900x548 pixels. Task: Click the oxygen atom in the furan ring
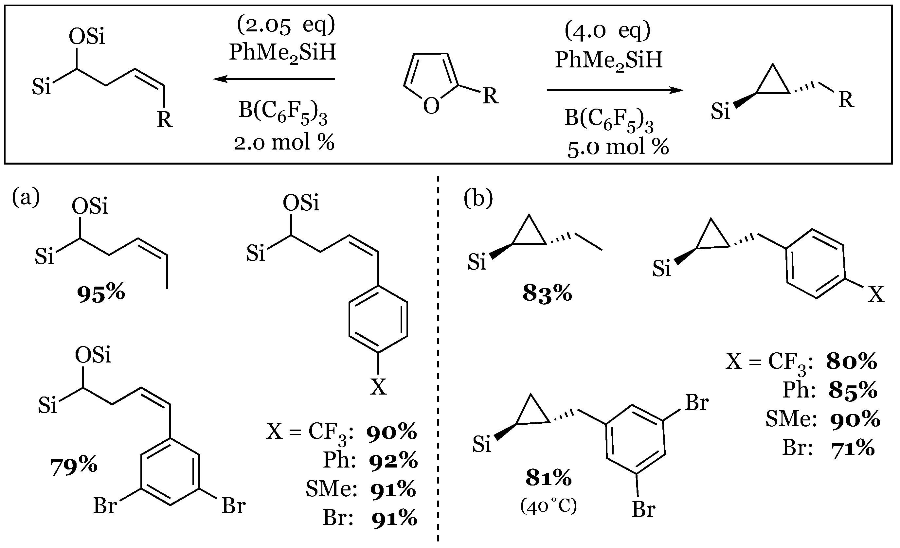point(431,107)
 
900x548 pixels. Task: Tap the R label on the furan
point(491,97)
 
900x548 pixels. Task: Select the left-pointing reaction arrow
point(274,79)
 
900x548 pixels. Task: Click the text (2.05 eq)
point(286,26)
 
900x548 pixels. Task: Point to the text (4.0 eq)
point(608,31)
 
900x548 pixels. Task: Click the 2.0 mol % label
point(284,142)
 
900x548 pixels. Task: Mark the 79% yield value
point(74,466)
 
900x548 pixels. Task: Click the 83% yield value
point(547,293)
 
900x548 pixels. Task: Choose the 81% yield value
point(549,478)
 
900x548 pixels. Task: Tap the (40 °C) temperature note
point(549,506)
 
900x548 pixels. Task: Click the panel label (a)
point(26,198)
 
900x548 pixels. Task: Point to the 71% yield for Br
point(853,448)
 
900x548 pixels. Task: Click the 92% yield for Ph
point(393,461)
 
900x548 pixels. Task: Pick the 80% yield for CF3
point(852,362)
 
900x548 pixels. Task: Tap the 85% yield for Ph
point(853,391)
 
